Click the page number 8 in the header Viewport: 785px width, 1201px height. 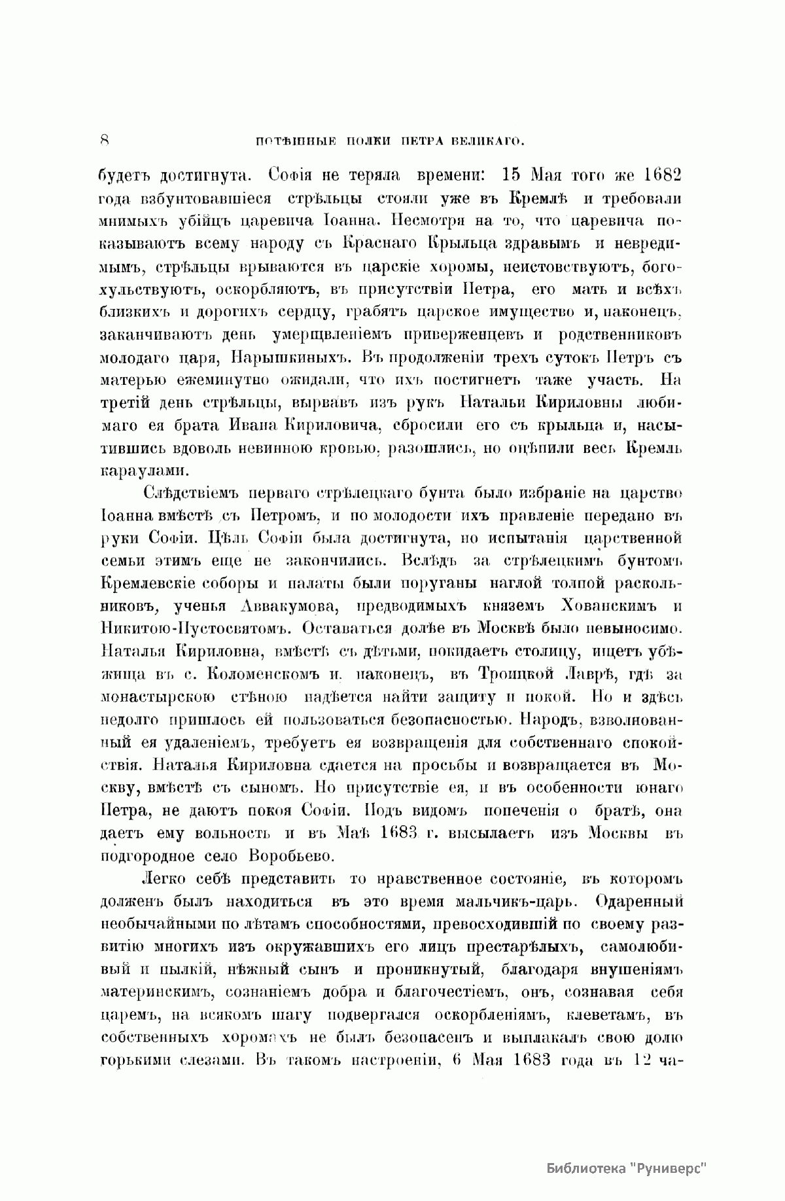[x=105, y=140]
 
